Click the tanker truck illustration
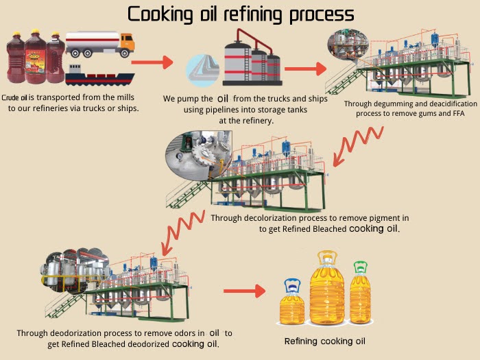click(100, 44)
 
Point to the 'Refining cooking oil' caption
click(325, 341)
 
